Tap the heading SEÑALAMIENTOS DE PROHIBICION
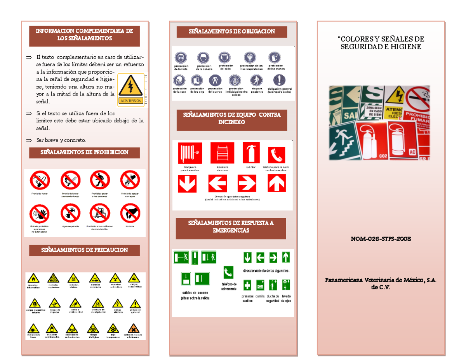click(x=85, y=153)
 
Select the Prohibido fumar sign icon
click(x=40, y=181)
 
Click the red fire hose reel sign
click(x=188, y=153)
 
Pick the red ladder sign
click(x=222, y=153)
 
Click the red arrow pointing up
click(x=277, y=183)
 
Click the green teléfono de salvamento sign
click(x=228, y=272)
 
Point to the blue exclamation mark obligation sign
click(x=279, y=80)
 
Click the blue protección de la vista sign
click(x=180, y=58)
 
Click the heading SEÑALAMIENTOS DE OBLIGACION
click(x=231, y=31)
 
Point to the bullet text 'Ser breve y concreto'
click(x=61, y=140)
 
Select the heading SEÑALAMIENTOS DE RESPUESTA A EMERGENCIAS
click(x=231, y=227)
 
